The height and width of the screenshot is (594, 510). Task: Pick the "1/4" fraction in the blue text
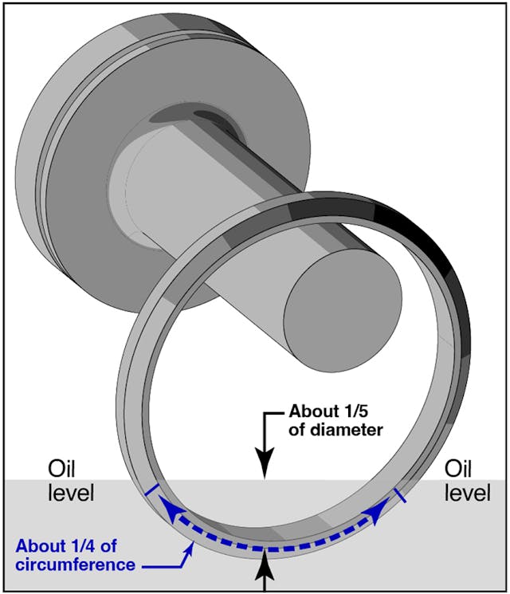[93, 547]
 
